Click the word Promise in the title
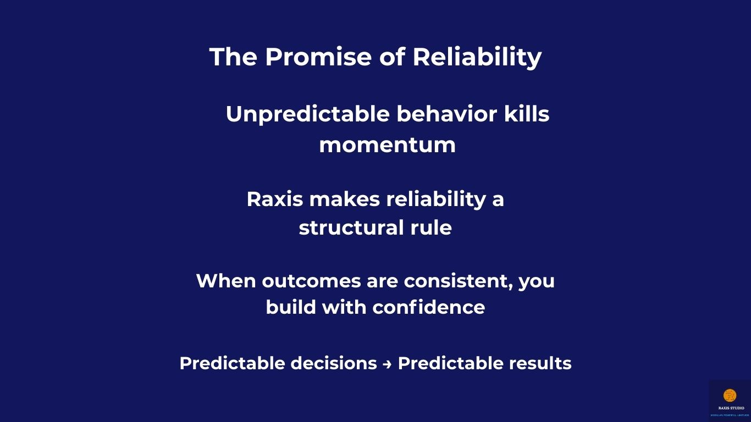point(318,57)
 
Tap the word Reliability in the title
point(477,57)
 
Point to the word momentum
point(387,145)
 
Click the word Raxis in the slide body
point(274,199)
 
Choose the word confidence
point(428,307)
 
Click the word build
point(290,307)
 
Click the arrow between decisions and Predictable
point(387,364)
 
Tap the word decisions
point(333,363)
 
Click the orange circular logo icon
point(730,395)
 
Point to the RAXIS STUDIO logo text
point(731,408)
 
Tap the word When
point(225,281)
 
